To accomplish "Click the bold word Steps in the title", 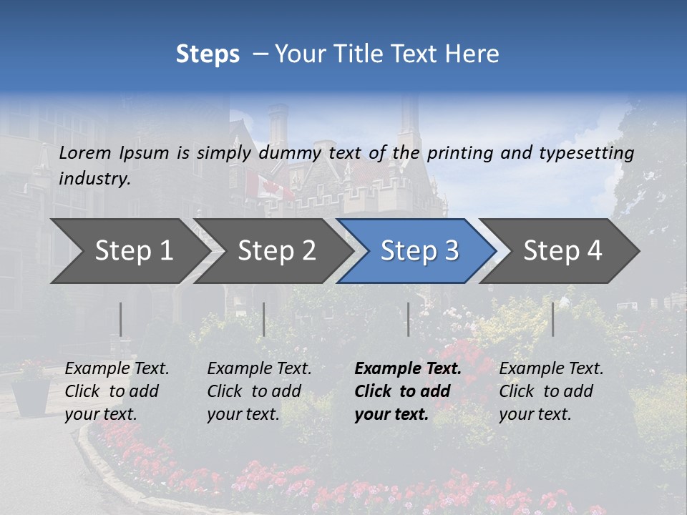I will (x=208, y=54).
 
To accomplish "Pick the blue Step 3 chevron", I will (x=419, y=251).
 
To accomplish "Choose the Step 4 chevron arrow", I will (x=562, y=251).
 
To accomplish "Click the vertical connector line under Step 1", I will (x=120, y=319).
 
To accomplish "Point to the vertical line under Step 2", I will (x=264, y=319).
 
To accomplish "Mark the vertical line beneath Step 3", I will (x=408, y=319).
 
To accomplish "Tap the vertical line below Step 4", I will (x=552, y=319).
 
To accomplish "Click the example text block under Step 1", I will (x=117, y=391).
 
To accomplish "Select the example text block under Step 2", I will (x=259, y=391).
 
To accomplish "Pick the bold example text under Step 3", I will (x=408, y=391).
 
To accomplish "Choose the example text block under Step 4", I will (x=551, y=391).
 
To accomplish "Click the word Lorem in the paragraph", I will (x=85, y=152).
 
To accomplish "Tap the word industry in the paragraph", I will (x=94, y=179).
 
